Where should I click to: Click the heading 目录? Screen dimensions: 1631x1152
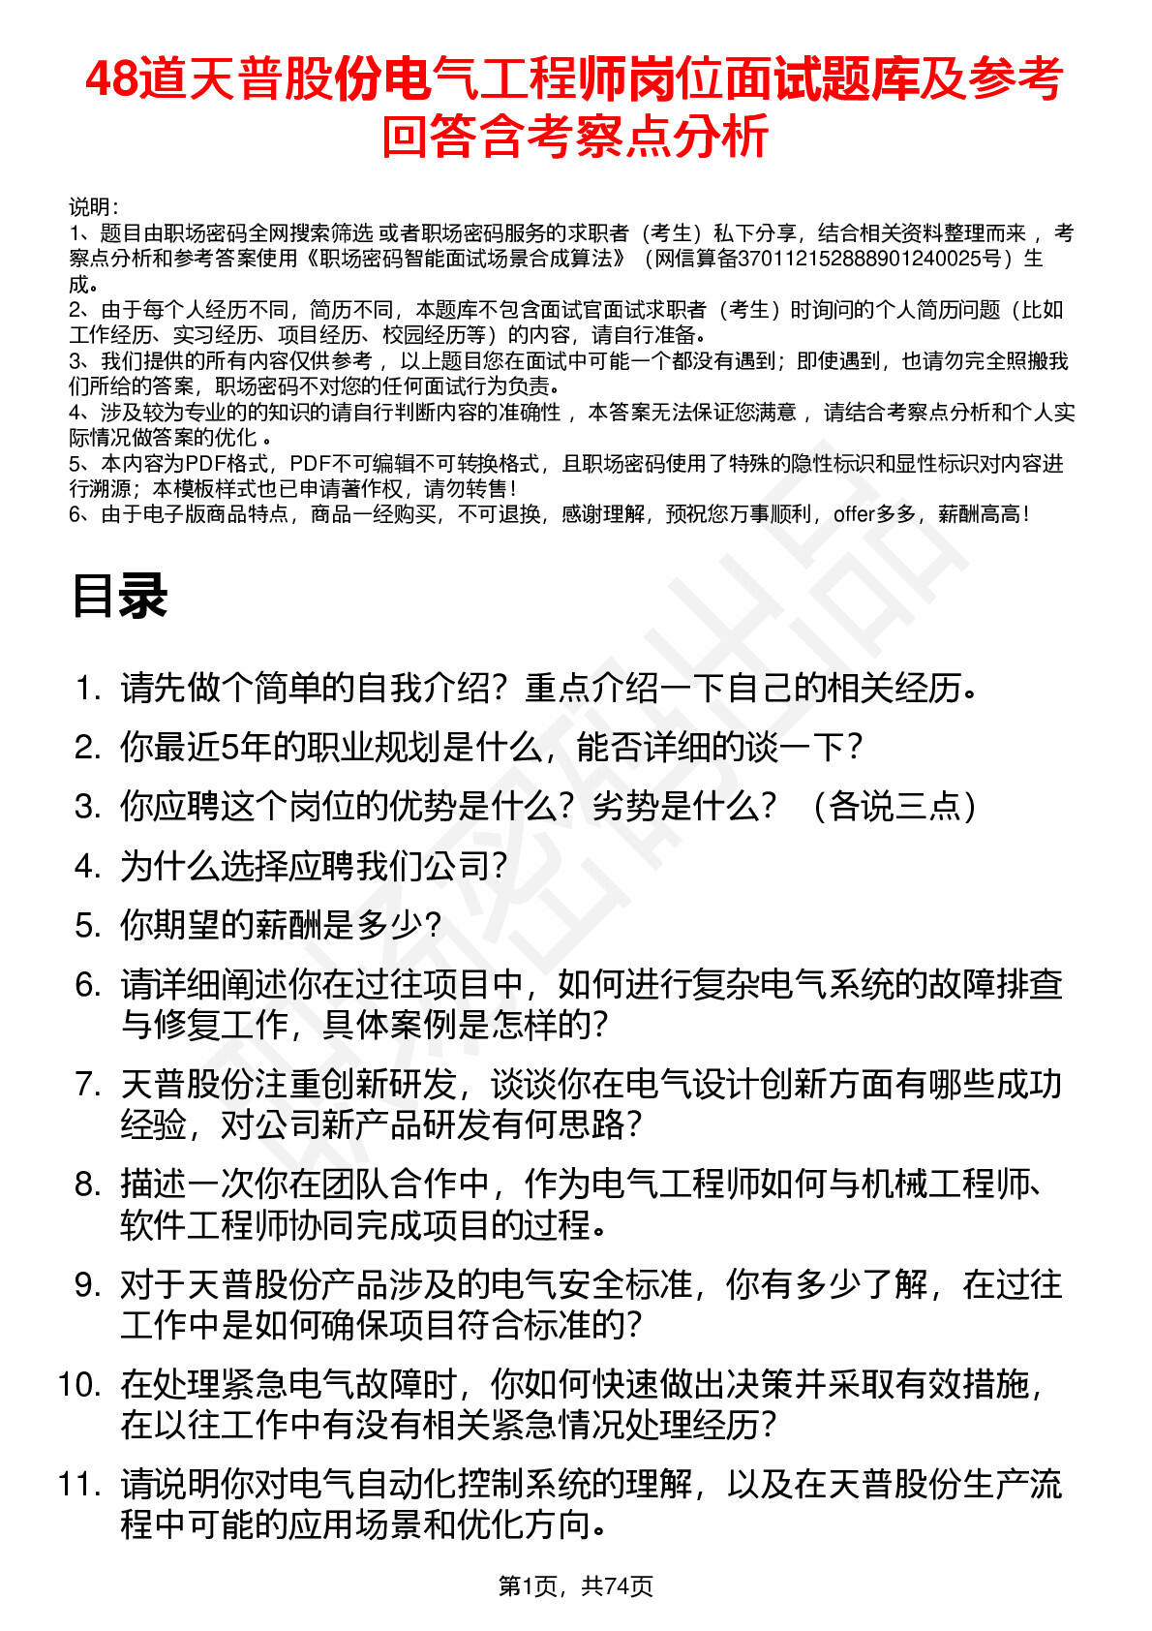click(120, 596)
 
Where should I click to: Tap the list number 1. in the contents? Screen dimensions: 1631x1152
click(88, 689)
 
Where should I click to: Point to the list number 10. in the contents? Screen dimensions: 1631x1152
click(79, 1384)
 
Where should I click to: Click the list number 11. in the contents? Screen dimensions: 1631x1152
click(79, 1484)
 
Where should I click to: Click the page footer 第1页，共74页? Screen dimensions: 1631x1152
click(575, 1585)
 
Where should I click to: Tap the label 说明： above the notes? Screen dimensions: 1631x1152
click(94, 207)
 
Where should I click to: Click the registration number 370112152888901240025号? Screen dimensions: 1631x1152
click(866, 259)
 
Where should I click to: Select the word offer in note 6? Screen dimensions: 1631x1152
click(853, 514)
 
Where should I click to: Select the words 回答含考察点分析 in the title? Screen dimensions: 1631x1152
click(575, 136)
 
